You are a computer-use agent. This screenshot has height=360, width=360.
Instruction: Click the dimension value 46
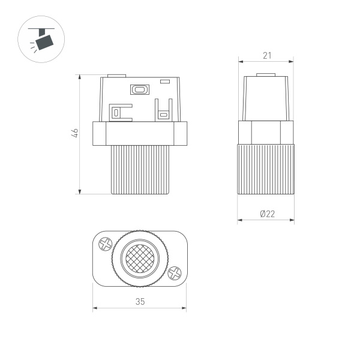[x=74, y=134]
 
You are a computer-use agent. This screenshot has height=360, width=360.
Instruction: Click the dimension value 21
[x=267, y=55]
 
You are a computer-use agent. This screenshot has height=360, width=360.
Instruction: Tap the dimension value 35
[x=140, y=302]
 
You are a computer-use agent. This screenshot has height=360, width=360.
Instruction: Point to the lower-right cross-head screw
[x=175, y=273]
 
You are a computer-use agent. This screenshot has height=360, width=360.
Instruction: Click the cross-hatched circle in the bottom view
[x=140, y=259]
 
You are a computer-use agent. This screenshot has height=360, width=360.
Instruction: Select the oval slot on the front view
[x=140, y=90]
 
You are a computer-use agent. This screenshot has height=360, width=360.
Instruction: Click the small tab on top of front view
[x=116, y=76]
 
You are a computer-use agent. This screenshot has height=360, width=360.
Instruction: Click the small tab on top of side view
[x=266, y=76]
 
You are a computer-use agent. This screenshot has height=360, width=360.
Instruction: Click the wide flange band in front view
[x=140, y=133]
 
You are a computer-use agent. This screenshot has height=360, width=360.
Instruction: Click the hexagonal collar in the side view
[x=266, y=132]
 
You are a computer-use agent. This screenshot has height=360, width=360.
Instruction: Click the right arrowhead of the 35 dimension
[x=185, y=310]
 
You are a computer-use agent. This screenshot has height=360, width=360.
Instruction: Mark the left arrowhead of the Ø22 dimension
[x=240, y=220]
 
